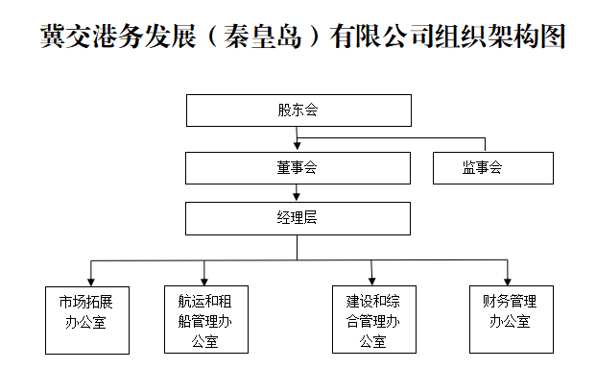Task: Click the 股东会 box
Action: [x=298, y=111]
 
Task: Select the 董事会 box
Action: [x=298, y=168]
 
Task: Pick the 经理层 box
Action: [x=298, y=218]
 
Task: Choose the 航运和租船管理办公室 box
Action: [x=205, y=318]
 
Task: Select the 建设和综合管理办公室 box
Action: [x=373, y=318]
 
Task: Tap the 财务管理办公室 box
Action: [x=509, y=318]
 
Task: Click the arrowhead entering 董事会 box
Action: [x=298, y=148]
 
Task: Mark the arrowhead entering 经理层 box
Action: [x=298, y=198]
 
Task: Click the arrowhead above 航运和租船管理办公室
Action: [x=205, y=280]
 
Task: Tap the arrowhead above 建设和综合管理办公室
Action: [x=373, y=280]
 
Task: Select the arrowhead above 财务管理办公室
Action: [x=508, y=280]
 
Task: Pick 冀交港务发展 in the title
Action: [x=124, y=37]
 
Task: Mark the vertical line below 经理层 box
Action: [x=298, y=247]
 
